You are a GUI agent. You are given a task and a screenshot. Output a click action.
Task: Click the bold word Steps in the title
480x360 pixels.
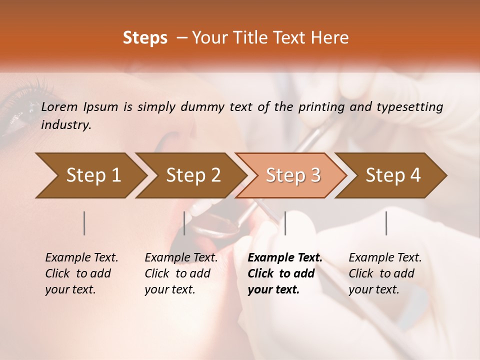pos(145,38)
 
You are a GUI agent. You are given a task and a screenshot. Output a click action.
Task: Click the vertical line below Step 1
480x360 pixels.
pos(84,223)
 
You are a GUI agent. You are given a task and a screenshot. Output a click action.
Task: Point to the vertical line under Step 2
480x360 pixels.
pos(184,223)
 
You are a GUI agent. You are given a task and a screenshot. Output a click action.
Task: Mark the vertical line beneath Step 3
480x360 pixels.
pos(285,223)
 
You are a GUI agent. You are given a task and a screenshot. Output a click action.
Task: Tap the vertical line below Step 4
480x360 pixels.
pos(386,223)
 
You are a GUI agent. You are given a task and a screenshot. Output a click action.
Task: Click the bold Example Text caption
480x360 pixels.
pos(285,273)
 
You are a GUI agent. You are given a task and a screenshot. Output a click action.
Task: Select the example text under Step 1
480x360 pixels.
pos(81,273)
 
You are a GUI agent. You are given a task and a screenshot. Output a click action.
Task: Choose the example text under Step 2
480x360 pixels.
pos(181,273)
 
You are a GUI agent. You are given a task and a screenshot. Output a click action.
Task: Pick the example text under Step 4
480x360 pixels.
pos(385,273)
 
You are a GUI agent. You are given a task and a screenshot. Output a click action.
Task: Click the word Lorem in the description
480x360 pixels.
pos(59,106)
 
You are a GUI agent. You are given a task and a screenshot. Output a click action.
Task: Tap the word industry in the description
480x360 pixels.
pos(66,125)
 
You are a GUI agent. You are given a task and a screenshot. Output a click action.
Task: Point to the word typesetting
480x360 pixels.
pos(412,106)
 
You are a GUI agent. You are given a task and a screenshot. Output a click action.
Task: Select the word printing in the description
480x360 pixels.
pos(320,106)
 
